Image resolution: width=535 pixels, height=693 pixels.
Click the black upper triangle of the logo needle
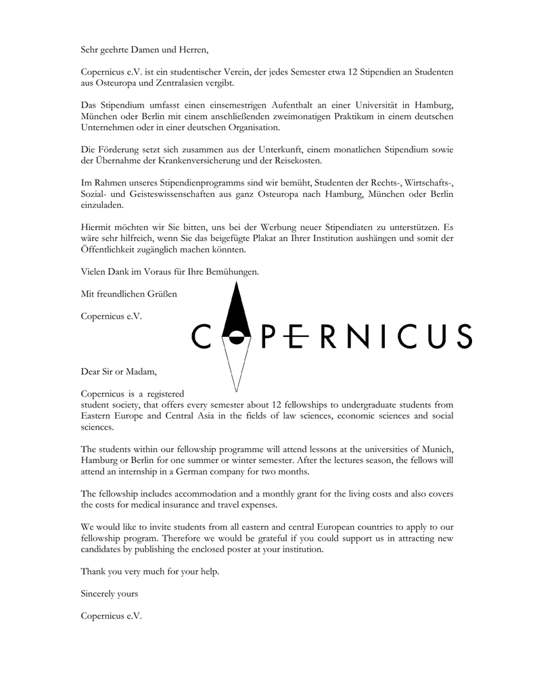235,308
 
